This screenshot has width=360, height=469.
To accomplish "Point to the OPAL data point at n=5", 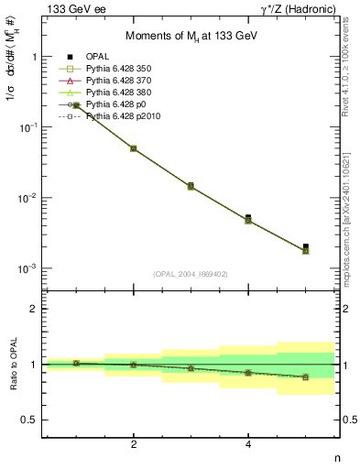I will pos(305,246).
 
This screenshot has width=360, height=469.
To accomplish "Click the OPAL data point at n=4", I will pos(248,218).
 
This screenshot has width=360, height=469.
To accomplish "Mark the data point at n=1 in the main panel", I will pos(76,105).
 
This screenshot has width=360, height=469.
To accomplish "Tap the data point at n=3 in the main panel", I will pos(191,186).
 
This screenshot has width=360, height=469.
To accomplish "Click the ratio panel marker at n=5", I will pos(305,376).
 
